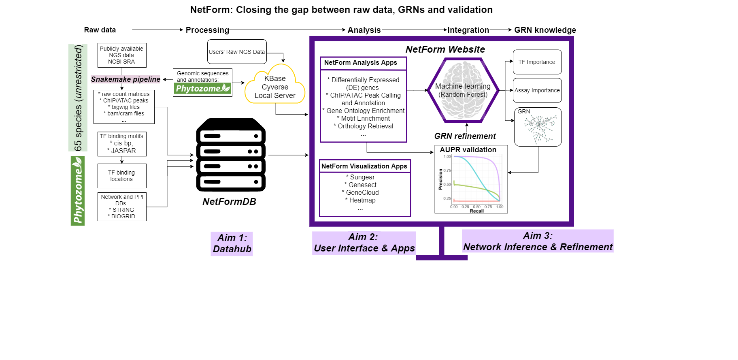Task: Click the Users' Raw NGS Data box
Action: [x=237, y=52]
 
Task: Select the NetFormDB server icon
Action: [x=231, y=155]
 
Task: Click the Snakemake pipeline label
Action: [x=125, y=79]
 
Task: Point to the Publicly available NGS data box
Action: [x=121, y=55]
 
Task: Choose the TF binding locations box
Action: [x=121, y=176]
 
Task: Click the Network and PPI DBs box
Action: [x=122, y=207]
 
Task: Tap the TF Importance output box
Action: [x=537, y=62]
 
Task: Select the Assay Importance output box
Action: [x=537, y=90]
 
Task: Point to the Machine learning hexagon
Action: [x=463, y=90]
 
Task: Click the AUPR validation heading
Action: [x=468, y=150]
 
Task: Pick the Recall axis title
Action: [x=476, y=211]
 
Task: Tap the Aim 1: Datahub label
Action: [x=232, y=243]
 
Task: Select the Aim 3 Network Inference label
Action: [x=538, y=241]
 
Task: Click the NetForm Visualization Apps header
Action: [x=364, y=166]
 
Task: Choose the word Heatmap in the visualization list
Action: [x=362, y=200]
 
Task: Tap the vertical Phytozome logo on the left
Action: [x=78, y=191]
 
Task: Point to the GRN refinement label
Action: [x=465, y=136]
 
